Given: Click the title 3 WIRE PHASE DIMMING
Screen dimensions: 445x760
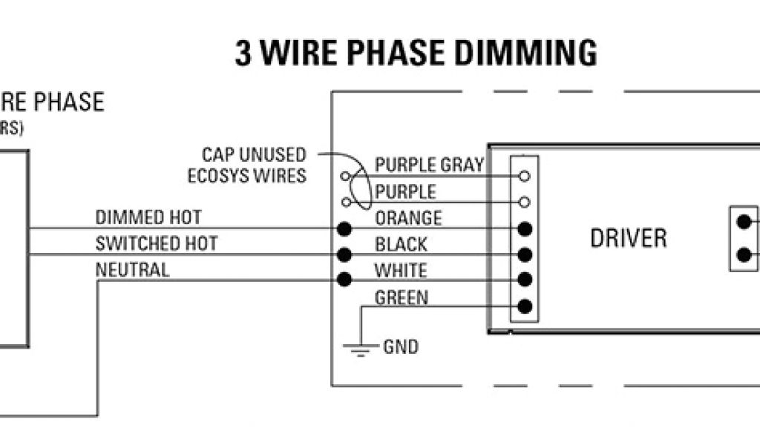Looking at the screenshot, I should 416,53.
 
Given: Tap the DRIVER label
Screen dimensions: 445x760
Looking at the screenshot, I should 628,238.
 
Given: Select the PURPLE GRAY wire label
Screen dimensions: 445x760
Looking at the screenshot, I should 429,165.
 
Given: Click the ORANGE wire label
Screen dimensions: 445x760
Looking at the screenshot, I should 408,218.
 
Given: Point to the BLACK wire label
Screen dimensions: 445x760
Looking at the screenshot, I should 401,244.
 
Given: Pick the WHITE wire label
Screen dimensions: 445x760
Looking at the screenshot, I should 401,270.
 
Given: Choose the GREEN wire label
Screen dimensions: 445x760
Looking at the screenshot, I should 402,298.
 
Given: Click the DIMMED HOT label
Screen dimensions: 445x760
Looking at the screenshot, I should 148,217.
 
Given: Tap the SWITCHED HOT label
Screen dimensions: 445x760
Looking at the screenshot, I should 157,243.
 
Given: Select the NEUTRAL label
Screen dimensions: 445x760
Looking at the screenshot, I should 132,270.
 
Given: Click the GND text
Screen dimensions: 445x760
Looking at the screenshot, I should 401,346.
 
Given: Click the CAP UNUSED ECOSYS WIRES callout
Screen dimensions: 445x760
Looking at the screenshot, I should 246,165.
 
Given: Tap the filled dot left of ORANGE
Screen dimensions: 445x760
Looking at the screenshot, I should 344,228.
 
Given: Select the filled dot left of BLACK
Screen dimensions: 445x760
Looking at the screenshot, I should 344,254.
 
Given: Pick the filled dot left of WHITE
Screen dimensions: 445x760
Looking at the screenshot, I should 344,280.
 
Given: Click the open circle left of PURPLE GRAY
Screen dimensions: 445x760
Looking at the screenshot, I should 344,177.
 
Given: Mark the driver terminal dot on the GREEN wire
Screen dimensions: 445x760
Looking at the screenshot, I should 525,306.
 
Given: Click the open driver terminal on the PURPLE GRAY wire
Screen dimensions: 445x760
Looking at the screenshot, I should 525,177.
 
